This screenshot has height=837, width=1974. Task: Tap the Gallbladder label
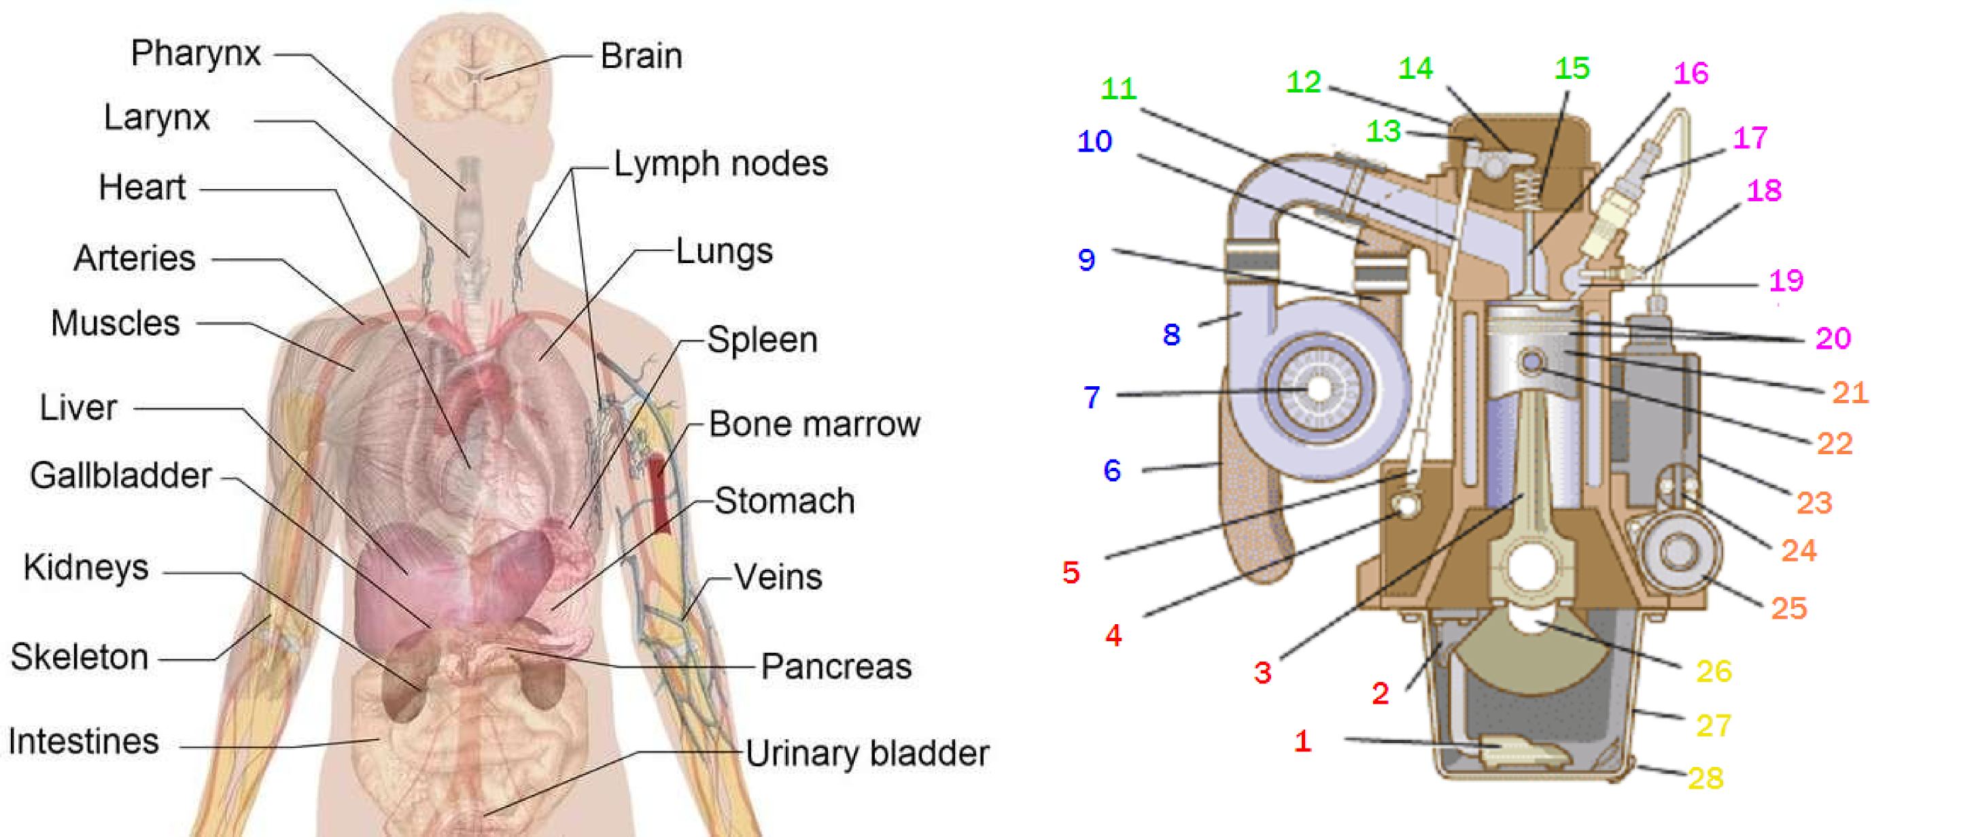tap(120, 476)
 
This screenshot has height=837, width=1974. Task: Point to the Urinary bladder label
tap(867, 753)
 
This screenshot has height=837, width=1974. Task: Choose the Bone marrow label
tap(814, 424)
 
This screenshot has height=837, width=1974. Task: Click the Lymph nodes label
tap(721, 164)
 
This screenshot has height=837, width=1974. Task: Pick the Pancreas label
tap(836, 666)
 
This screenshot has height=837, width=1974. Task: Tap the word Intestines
tap(84, 741)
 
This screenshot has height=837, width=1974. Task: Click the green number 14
tap(1415, 69)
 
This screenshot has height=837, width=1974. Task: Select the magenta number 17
tap(1750, 138)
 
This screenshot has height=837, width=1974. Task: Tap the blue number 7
tap(1091, 397)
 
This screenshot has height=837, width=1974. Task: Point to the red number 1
tap(1302, 741)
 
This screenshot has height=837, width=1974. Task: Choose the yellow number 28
tap(1705, 778)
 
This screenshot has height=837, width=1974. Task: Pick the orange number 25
tap(1788, 608)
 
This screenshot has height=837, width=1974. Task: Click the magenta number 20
tap(1833, 338)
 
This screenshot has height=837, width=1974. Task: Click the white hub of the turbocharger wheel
tap(1318, 389)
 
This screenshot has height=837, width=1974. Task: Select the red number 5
tap(1071, 573)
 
